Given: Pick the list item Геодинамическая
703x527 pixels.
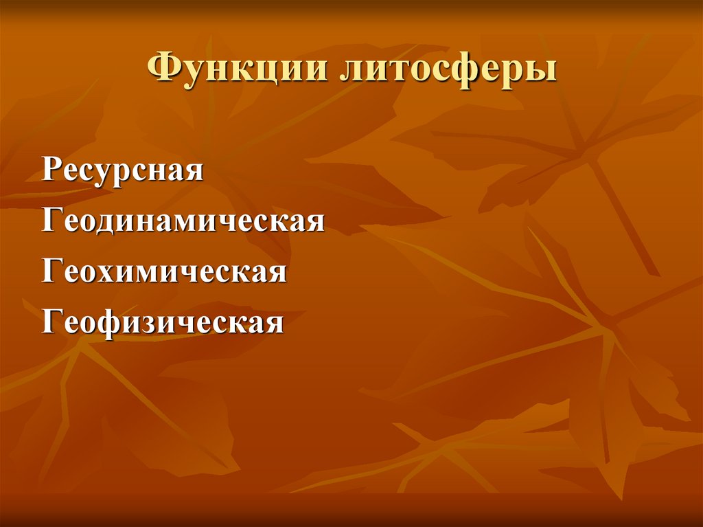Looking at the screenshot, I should point(183,221).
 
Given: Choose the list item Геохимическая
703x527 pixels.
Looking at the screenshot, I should point(164,271).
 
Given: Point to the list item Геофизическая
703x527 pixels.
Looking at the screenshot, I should point(163,322).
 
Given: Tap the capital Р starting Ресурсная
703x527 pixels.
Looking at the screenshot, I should point(50,170).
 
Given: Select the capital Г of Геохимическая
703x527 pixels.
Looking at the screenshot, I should point(51,271).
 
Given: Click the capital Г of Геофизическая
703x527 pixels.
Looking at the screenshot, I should point(51,321).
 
